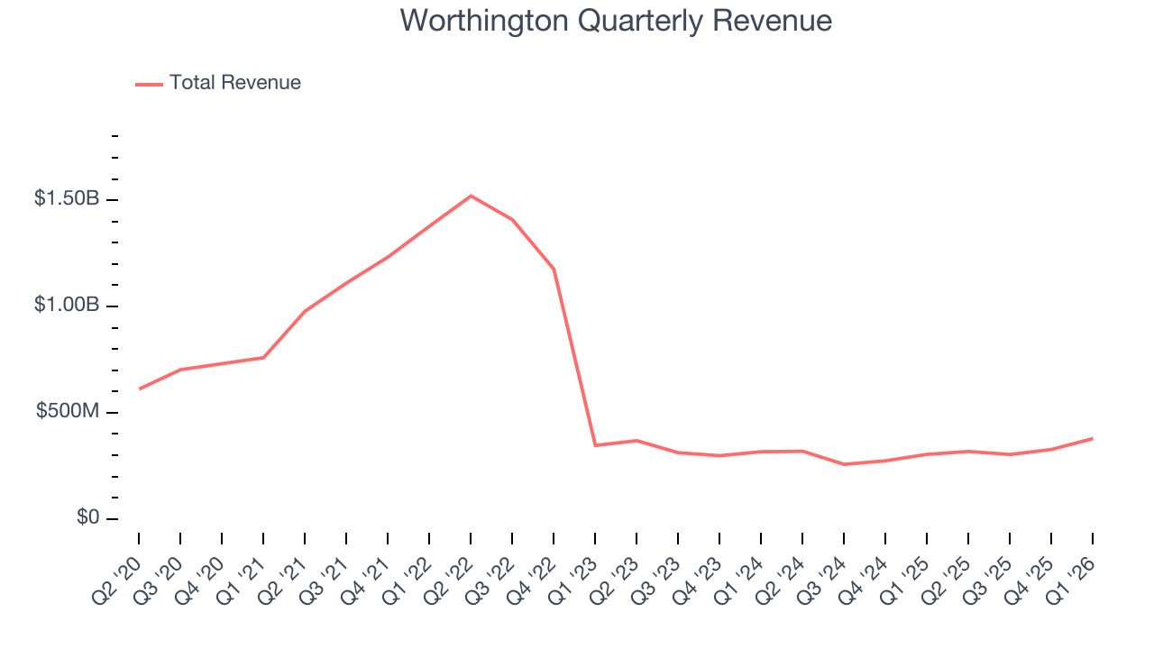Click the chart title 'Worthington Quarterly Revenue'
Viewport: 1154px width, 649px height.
[x=616, y=20]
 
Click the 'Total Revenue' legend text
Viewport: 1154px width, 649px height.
[x=234, y=83]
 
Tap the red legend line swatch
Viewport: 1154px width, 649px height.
[x=149, y=84]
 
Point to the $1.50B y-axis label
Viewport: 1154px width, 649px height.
[x=67, y=199]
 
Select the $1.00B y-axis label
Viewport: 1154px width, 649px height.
[x=67, y=306]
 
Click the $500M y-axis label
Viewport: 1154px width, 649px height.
[x=68, y=412]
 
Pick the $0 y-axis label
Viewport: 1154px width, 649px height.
[x=87, y=518]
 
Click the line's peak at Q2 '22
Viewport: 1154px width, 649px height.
[x=471, y=196]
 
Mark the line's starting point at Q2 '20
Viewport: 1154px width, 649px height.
[x=139, y=388]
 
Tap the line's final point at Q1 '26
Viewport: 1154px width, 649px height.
[x=1093, y=438]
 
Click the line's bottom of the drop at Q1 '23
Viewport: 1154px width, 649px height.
[x=595, y=445]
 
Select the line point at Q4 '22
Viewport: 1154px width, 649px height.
[x=554, y=270]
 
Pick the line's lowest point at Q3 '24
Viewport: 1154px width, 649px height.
[x=844, y=464]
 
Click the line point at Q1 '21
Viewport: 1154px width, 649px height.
[x=263, y=358]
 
